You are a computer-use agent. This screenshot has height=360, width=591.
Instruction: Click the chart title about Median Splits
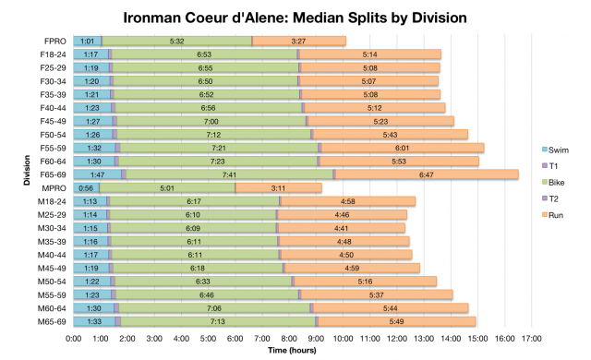pos(295,18)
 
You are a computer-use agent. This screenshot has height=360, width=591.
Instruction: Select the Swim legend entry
pos(558,150)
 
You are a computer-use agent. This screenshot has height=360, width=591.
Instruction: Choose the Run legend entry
pos(556,215)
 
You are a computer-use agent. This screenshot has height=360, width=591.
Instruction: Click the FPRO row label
pos(54,41)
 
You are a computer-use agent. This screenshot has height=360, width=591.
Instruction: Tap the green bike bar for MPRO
pos(167,187)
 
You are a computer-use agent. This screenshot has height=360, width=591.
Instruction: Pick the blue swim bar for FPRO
pos(88,41)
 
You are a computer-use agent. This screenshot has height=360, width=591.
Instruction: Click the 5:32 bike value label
pos(177,41)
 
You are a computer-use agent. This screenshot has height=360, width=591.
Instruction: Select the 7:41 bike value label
pos(229,174)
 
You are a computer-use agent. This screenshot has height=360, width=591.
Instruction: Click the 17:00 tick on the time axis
pos(532,339)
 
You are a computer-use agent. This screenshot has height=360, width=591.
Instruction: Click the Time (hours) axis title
pos(295,351)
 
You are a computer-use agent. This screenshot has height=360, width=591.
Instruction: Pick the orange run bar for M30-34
pos(342,228)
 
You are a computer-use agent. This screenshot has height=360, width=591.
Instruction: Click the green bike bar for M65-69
pos(218,321)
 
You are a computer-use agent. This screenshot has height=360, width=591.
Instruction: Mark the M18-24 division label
pos(53,201)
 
